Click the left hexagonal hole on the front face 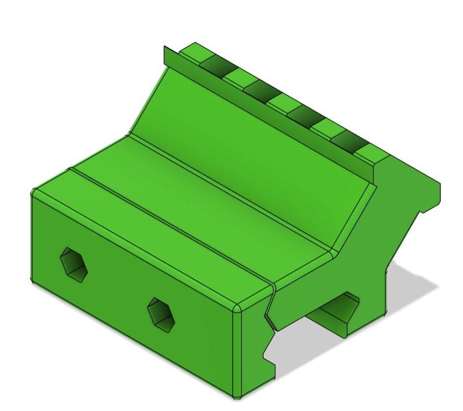coord(74,265)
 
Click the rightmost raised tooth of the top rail coord(370,154)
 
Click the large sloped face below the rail coord(249,145)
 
